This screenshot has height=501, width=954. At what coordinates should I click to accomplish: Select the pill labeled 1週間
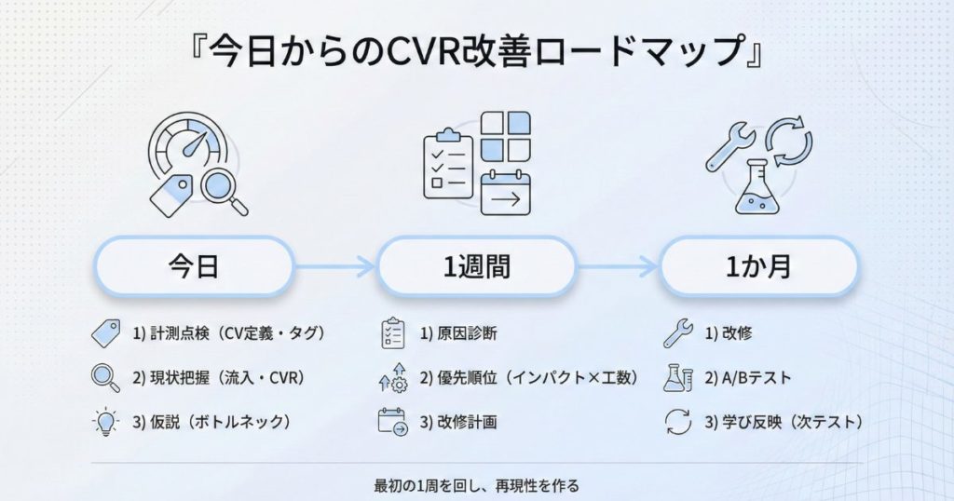[x=476, y=268]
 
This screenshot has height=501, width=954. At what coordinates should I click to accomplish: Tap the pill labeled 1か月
[x=758, y=268]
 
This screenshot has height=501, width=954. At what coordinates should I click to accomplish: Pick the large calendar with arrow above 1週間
[x=505, y=194]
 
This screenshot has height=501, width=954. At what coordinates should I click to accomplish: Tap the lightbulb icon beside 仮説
[x=106, y=422]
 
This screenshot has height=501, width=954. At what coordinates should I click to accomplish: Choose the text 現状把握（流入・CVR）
[x=219, y=378]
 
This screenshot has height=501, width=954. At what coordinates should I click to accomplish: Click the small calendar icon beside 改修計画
[x=392, y=422]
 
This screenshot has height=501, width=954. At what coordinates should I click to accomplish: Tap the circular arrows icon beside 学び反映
[x=677, y=422]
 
